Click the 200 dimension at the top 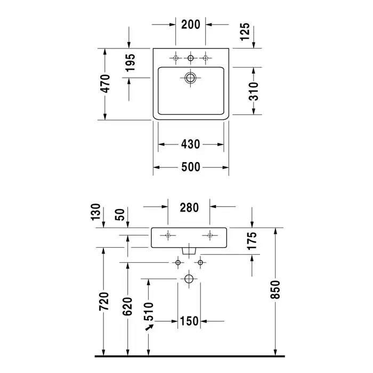pos(191,25)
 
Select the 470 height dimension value pos(105,84)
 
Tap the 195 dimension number pos(131,63)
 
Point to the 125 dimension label pos(245,31)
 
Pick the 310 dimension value pos(253,91)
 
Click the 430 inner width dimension pos(191,144)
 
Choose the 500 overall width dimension pos(191,167)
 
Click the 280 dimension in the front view pos(189,208)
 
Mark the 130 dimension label pos(96,212)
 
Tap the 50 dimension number pos(120,215)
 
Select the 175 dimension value pos(252,241)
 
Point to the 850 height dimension pos(275,289)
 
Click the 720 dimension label pos(104,302)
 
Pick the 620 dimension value pos(127,306)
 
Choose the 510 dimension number pos(149,311)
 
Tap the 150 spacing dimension pos(189,321)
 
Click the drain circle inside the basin pos(190,78)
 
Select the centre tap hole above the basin pos(190,58)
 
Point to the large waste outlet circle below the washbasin pos(189,279)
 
